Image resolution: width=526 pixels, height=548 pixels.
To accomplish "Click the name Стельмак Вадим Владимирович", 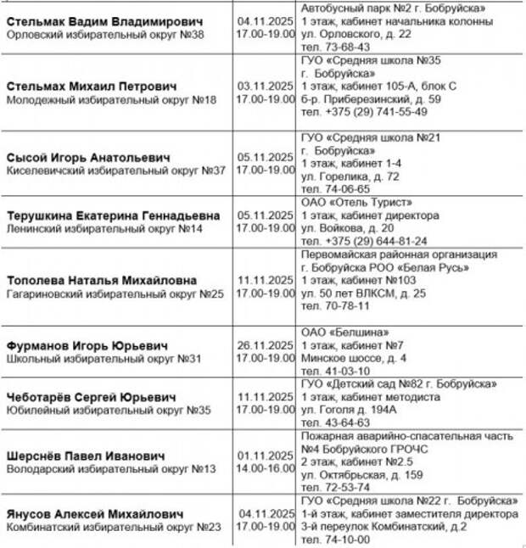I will pyautogui.click(x=105, y=20).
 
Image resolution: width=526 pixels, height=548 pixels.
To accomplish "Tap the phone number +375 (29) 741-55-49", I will pyautogui.click(x=364, y=111).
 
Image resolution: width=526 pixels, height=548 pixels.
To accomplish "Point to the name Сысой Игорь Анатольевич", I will pyautogui.click(x=88, y=158).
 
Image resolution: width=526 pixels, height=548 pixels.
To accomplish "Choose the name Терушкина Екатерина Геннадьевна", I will pyautogui.click(x=113, y=215).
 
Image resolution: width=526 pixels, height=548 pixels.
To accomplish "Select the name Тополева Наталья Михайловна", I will pyautogui.click(x=102, y=280).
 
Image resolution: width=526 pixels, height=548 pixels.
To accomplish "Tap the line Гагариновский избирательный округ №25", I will pyautogui.click(x=115, y=294).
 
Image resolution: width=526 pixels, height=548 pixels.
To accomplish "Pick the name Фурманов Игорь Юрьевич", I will pyautogui.click(x=87, y=346).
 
